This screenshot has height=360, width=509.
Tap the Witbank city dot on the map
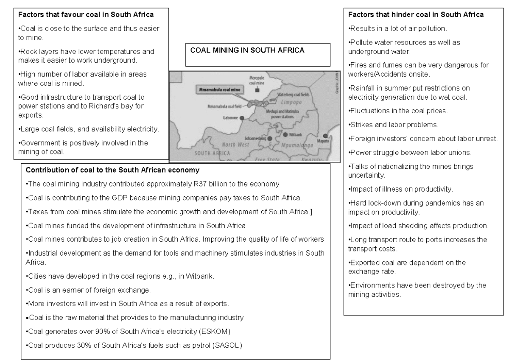285,134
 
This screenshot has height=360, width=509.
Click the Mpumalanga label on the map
296,145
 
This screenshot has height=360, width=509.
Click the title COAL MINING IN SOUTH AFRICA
247,50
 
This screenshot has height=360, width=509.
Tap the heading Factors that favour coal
86,15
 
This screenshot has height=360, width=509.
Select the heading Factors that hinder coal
416,15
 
